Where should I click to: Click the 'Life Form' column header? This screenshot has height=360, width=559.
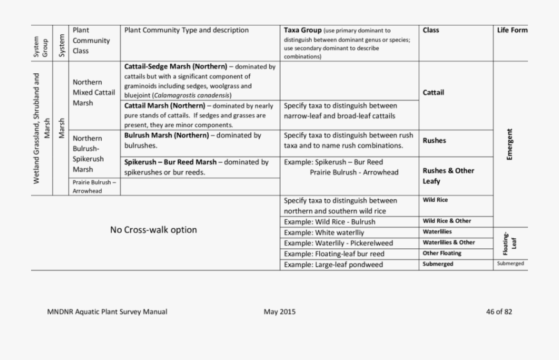(x=511, y=30)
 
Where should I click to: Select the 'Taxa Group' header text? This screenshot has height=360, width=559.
(x=302, y=30)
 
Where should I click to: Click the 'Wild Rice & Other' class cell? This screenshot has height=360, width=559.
(x=447, y=221)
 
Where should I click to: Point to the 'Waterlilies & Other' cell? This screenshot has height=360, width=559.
(x=448, y=243)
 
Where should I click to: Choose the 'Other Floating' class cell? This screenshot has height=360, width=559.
(x=442, y=253)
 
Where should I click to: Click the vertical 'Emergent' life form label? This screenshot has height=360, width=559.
(x=510, y=145)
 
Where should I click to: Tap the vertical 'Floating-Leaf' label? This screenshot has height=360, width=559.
(x=509, y=243)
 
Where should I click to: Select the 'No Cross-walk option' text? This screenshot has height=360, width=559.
(x=153, y=230)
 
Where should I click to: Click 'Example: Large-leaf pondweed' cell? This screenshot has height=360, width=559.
(x=334, y=264)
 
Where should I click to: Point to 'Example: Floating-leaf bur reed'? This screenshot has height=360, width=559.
(x=334, y=254)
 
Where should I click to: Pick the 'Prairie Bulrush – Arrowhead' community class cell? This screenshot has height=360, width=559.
(x=94, y=187)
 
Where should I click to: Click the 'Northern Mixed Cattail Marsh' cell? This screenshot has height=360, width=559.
(x=94, y=92)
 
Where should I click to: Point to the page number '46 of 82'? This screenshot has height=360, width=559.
(x=499, y=312)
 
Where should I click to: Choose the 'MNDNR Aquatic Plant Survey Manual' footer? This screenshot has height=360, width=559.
(x=107, y=312)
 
